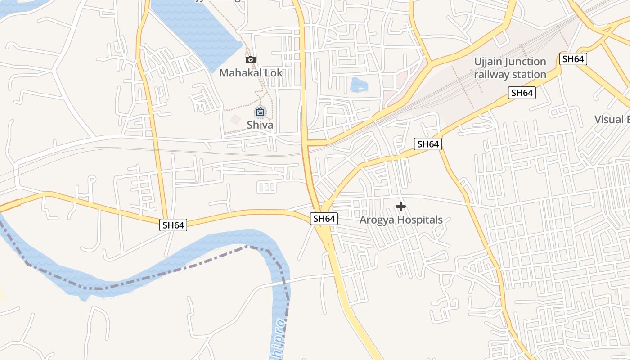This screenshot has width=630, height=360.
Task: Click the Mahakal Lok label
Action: (251, 72)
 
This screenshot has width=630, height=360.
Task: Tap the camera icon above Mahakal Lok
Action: (251, 59)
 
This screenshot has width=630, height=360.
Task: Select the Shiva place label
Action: (260, 125)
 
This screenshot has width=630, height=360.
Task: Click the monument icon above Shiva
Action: (260, 112)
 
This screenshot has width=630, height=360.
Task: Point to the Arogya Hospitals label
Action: (400, 220)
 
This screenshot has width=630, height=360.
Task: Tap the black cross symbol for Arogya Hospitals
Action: (400, 207)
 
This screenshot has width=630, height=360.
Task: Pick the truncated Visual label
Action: (612, 119)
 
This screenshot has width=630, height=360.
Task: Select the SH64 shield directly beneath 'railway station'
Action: (522, 93)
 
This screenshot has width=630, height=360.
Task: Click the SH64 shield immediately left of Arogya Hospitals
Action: (324, 219)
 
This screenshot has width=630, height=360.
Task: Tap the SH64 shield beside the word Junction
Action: (573, 59)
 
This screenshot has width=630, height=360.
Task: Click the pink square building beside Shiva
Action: (235, 119)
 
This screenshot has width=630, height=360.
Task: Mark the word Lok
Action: (274, 72)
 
